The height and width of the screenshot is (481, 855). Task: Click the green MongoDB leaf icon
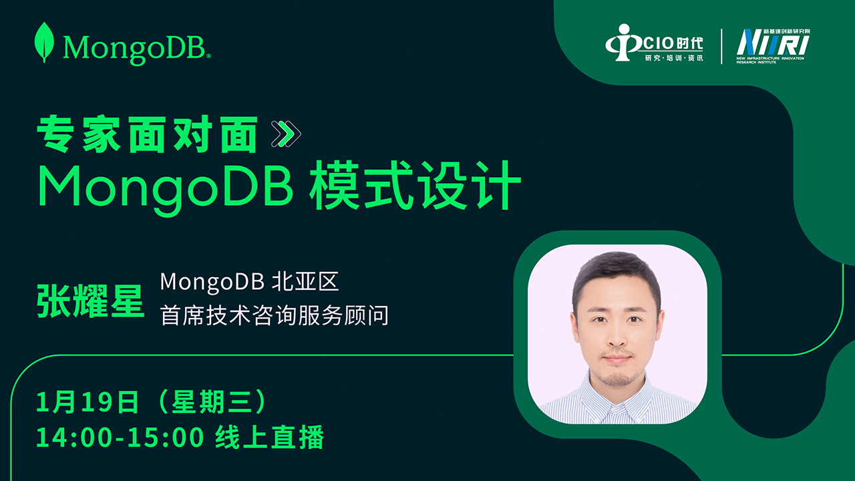point(44,42)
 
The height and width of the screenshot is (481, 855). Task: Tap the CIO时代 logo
point(654,43)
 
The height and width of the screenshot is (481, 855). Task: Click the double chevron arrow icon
point(286,134)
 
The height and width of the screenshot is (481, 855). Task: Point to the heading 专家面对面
point(148,134)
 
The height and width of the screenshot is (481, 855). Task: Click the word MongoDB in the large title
point(165,189)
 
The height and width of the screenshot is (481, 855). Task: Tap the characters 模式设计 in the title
point(415,186)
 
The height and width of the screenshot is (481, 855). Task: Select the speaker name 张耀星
point(90,301)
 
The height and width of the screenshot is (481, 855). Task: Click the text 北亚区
point(305,282)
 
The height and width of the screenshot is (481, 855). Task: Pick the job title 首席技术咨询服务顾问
point(275,315)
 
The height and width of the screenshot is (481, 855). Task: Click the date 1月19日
point(88,402)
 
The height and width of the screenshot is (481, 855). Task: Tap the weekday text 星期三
point(212,402)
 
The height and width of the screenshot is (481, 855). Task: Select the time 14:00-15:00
point(120,437)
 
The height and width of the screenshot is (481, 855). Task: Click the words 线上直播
point(269,437)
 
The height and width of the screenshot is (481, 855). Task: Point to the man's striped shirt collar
point(615,399)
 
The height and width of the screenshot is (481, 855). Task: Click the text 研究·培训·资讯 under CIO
point(674,58)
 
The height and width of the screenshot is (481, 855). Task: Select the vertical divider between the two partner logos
point(721,47)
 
